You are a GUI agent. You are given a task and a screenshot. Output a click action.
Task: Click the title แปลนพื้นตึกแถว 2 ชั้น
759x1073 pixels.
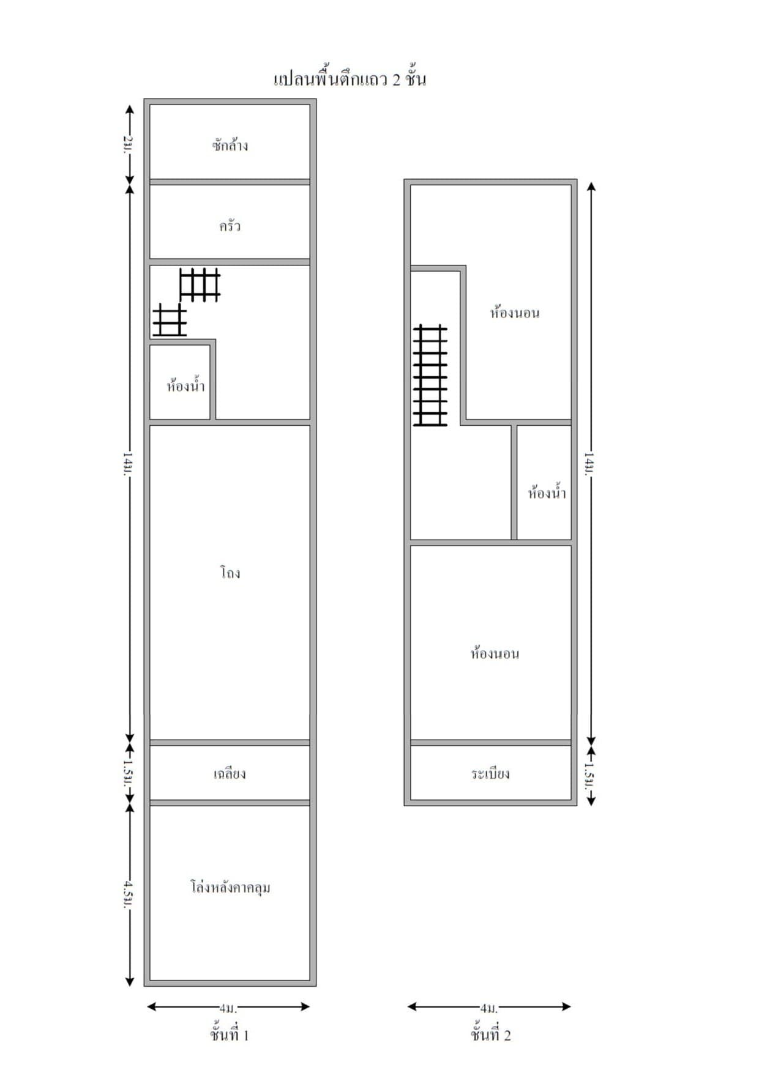tap(350, 79)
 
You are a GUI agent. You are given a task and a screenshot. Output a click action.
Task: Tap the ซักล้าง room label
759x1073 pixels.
tap(230, 146)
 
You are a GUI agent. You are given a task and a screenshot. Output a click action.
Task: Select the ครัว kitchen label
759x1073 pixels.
tap(230, 226)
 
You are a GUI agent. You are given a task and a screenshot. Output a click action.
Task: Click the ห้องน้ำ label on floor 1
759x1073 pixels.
tap(185, 386)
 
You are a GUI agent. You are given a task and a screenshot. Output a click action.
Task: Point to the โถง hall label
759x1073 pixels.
tap(230, 573)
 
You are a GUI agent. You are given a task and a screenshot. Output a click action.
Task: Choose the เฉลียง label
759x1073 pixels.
tap(230, 774)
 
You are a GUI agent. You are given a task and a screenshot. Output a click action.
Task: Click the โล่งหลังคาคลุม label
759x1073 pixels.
tap(230, 887)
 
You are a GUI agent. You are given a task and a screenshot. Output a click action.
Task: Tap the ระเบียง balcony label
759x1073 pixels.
tap(490, 774)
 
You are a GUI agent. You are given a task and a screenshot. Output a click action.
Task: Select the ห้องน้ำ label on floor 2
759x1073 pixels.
tap(547, 492)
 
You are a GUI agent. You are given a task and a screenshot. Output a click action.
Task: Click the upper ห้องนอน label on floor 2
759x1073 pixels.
tap(515, 313)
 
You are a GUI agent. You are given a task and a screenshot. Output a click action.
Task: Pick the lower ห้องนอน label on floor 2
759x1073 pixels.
tap(495, 653)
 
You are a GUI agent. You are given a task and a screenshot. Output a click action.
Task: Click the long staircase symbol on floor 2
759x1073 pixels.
tap(430, 375)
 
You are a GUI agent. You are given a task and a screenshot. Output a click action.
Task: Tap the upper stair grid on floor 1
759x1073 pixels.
tap(200, 284)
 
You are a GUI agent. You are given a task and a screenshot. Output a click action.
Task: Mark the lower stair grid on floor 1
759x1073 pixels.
tap(170, 319)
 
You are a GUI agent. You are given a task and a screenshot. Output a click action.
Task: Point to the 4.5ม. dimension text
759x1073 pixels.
tap(128, 894)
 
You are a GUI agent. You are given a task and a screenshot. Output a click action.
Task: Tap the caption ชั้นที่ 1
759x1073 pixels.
tap(230, 1034)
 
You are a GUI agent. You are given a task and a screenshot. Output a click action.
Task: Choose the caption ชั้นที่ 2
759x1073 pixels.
tap(490, 1034)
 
